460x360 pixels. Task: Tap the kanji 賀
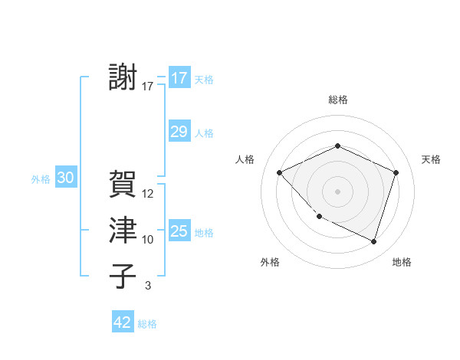tap(123, 184)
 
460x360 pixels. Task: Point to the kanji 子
tap(123, 276)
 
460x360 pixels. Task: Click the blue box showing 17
tap(179, 78)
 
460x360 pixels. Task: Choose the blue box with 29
tap(179, 132)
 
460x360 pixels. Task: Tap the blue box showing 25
tap(179, 231)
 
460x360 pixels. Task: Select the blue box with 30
tap(65, 178)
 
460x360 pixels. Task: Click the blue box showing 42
tap(123, 322)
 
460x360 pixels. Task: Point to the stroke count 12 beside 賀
tap(148, 194)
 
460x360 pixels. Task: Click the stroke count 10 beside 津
tap(148, 240)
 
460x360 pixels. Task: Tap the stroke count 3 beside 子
tap(148, 286)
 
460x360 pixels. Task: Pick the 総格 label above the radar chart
tap(337, 100)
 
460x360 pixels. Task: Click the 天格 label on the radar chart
tap(431, 159)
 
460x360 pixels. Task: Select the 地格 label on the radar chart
tap(402, 263)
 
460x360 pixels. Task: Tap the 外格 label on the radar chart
tap(270, 263)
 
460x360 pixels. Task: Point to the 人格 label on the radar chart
tap(245, 159)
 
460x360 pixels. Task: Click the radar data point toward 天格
tap(396, 172)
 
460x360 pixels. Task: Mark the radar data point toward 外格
tap(319, 217)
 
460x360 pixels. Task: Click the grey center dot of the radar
tap(337, 191)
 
